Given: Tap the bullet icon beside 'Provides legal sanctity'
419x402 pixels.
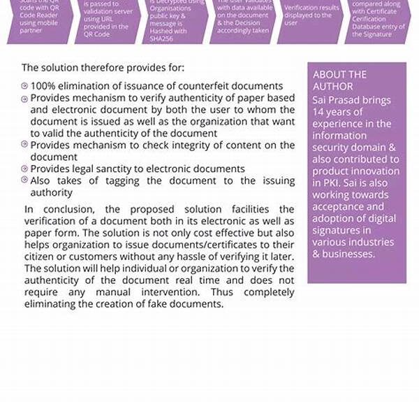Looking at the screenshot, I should (24, 169).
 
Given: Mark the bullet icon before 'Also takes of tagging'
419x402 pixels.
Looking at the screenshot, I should (24, 181).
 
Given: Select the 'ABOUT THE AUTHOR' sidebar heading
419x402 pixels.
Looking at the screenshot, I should (340, 80).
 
